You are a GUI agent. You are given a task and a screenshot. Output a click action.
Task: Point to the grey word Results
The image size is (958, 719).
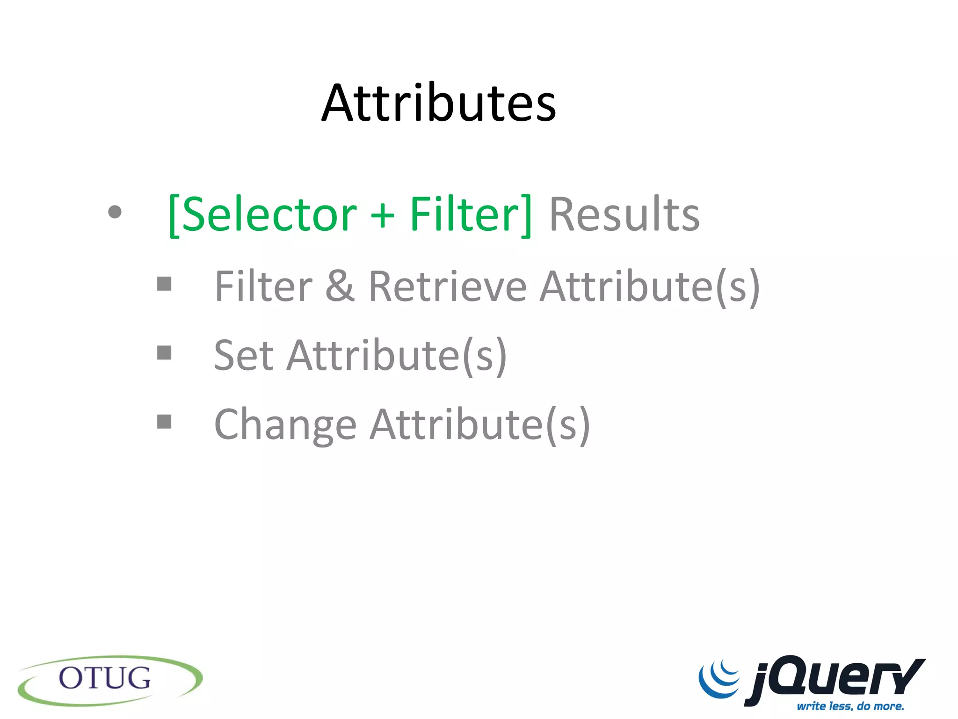pos(624,214)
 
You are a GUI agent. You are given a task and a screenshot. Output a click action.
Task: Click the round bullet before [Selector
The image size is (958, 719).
pos(115,212)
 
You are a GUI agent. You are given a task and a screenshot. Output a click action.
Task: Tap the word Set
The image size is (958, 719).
pos(243,355)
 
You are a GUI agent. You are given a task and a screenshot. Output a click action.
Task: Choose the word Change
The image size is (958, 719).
pos(285,425)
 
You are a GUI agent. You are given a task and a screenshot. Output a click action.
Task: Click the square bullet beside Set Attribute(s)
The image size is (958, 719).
pos(164,353)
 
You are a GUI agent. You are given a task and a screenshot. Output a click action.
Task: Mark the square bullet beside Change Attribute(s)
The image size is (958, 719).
pos(164,422)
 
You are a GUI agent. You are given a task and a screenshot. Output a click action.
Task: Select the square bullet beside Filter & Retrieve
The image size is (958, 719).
pos(164,284)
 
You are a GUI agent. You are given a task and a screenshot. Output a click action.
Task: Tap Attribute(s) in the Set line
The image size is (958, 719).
pos(397,356)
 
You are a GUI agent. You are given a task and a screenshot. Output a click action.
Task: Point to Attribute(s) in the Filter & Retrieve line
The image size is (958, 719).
pos(650,286)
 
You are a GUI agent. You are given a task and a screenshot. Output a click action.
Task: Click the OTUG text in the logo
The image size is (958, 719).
pos(105,678)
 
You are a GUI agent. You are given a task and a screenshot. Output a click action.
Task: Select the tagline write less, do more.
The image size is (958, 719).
pos(850,706)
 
